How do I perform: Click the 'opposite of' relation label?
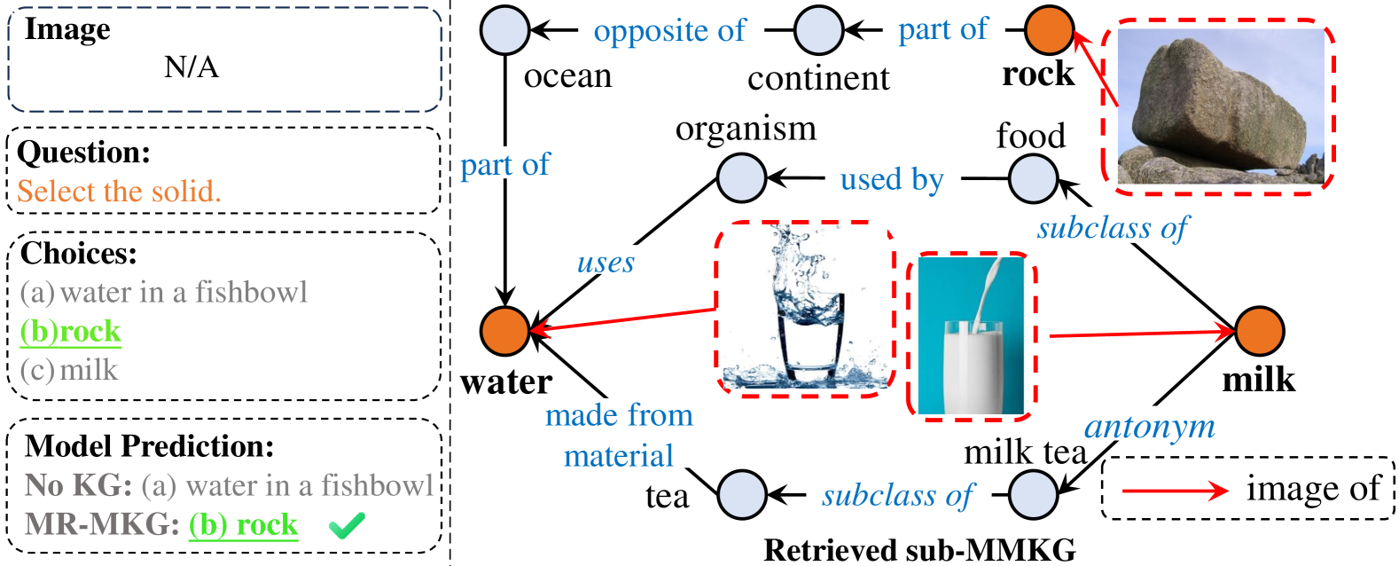[x=670, y=30]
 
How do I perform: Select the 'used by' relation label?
[x=892, y=179]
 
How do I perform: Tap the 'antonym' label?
[x=1150, y=426]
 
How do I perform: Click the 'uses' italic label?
[x=606, y=262]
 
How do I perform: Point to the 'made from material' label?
[x=619, y=434]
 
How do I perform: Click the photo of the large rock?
[x=1220, y=106]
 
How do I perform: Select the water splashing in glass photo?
[x=804, y=307]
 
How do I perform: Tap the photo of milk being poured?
[x=972, y=336]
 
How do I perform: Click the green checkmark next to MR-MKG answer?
[x=346, y=527]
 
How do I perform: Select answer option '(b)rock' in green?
[x=71, y=332]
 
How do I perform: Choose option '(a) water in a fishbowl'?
[x=164, y=292]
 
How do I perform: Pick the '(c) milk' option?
[x=69, y=370]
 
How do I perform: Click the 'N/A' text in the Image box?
[x=191, y=67]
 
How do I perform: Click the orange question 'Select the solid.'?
[x=119, y=192]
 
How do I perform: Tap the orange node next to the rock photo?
[x=1050, y=30]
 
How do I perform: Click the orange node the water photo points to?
[x=505, y=331]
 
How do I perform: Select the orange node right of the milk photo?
[x=1259, y=332]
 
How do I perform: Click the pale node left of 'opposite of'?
[x=505, y=30]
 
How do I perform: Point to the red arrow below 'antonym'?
[x=1175, y=491]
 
